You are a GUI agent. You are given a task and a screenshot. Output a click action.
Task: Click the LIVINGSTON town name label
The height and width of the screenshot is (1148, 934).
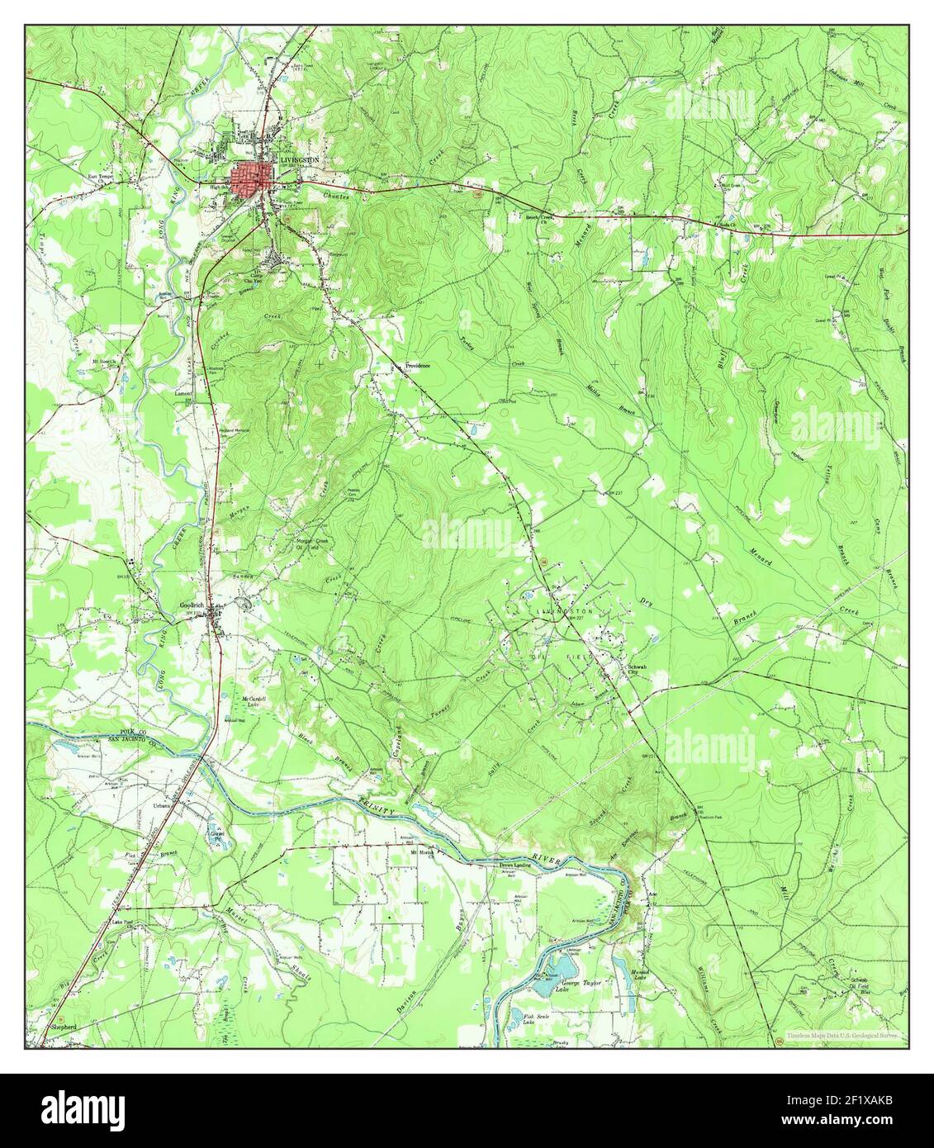(299, 160)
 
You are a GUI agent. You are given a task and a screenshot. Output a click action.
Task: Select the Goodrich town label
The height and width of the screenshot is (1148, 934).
(191, 605)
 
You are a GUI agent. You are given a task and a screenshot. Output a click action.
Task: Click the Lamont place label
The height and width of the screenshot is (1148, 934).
(183, 394)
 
